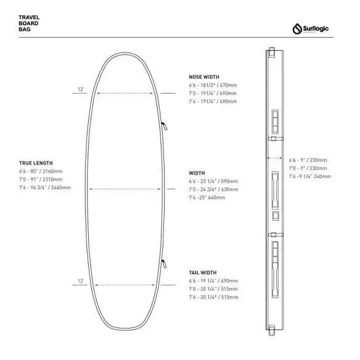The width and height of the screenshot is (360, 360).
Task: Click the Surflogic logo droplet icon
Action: [297, 29]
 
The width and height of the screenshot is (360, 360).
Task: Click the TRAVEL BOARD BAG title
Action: [29, 23]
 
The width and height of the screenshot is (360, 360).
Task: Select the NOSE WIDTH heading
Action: [204, 77]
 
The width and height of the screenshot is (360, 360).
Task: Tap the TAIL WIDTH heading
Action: [202, 272]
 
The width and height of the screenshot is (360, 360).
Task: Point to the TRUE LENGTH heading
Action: [36, 163]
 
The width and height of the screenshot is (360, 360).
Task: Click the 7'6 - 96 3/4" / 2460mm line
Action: [45, 187]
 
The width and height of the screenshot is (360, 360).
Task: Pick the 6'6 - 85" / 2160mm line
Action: [41, 171]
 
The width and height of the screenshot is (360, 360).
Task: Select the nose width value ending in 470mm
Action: [213, 85]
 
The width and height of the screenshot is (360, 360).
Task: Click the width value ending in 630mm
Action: [213, 189]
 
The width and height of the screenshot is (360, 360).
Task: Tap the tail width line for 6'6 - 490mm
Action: [213, 281]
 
